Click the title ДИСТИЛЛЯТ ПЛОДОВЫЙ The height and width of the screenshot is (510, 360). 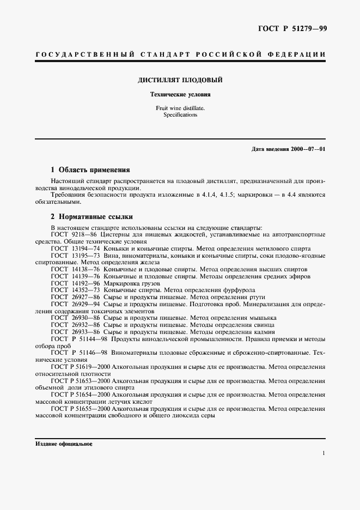tap(180, 80)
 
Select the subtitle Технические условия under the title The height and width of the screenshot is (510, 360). tap(180, 94)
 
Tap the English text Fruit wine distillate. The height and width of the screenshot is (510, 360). tap(180, 108)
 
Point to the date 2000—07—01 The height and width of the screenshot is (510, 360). tap(308, 149)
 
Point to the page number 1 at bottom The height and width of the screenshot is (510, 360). tap(324, 453)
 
